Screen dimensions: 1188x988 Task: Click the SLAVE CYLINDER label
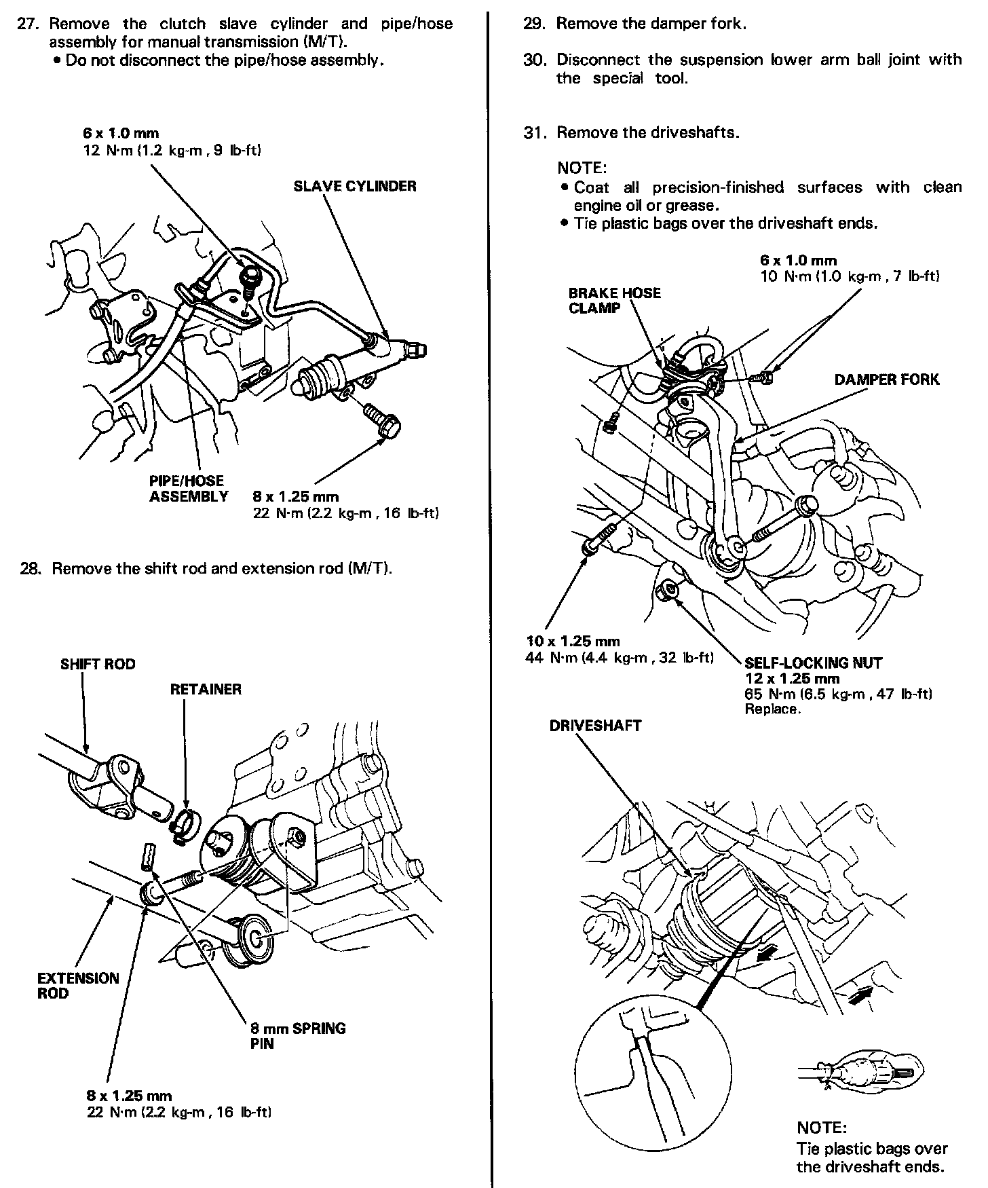click(354, 186)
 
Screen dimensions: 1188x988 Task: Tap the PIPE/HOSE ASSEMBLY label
click(188, 489)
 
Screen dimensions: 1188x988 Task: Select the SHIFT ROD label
click(98, 664)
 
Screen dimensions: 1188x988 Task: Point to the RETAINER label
click(205, 690)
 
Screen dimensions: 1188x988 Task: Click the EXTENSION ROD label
click(77, 985)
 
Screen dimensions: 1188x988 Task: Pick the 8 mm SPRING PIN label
click(297, 1035)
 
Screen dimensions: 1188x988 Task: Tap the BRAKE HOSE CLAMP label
click(614, 300)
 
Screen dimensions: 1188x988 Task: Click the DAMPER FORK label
click(886, 379)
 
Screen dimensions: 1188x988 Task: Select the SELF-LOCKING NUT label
click(813, 663)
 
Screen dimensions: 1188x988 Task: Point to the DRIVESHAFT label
click(595, 726)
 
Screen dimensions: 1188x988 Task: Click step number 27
click(31, 24)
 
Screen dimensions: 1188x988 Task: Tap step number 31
click(534, 132)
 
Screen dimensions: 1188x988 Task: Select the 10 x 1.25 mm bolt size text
click(573, 641)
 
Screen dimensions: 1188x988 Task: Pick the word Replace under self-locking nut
click(772, 709)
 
